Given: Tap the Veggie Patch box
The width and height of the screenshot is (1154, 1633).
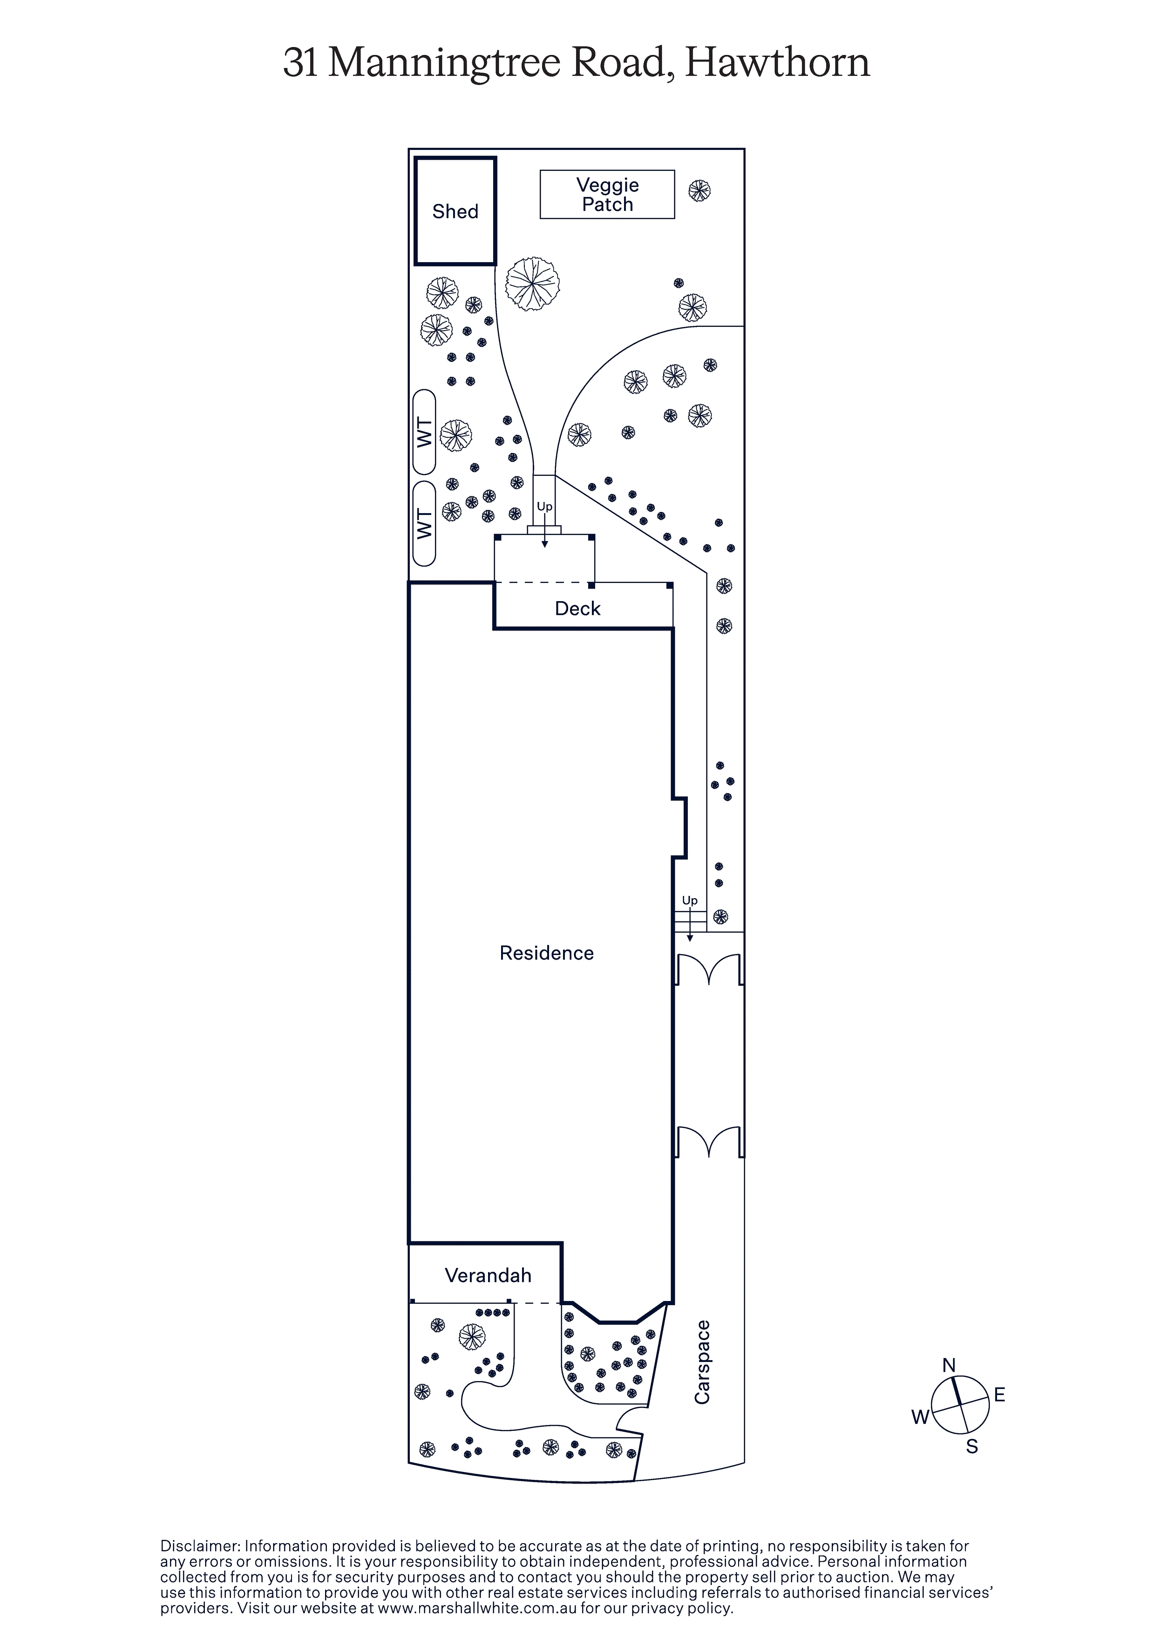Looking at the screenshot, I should pos(607,194).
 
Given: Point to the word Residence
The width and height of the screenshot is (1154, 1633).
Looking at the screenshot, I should pos(546,953).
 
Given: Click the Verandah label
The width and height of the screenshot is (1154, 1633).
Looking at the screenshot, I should pos(488,1275).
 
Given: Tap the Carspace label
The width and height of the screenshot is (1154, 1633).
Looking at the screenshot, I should pos(702,1362).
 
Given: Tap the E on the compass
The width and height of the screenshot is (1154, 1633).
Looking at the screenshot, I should pos(999,1396).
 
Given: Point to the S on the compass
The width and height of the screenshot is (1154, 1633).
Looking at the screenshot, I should pos(972,1447).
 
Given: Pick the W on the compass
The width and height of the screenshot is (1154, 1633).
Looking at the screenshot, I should pos(920,1417).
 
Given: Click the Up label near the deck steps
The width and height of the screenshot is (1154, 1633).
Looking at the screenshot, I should pos(544,507).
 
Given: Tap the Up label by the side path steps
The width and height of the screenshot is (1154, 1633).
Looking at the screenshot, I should pos(689,901).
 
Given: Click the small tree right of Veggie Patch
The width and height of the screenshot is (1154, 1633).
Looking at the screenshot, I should pos(699,190).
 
